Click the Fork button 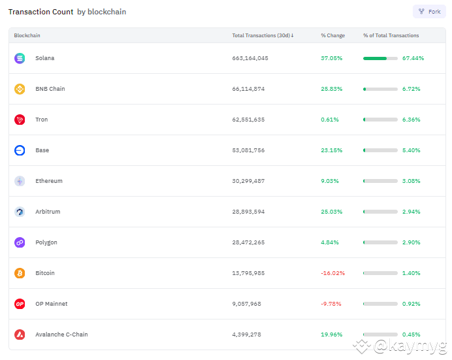point(429,12)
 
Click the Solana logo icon point(20,58)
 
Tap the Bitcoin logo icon point(20,273)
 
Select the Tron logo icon point(20,120)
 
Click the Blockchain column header point(27,35)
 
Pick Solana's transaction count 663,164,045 point(250,58)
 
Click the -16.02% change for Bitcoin point(332,273)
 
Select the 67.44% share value point(413,58)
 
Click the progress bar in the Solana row point(380,58)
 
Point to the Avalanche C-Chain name point(61,335)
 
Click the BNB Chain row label point(50,89)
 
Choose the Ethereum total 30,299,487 point(248,181)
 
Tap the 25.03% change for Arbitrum point(331,212)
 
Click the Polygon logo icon point(20,242)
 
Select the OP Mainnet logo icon point(20,304)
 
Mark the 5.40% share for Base point(412,150)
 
